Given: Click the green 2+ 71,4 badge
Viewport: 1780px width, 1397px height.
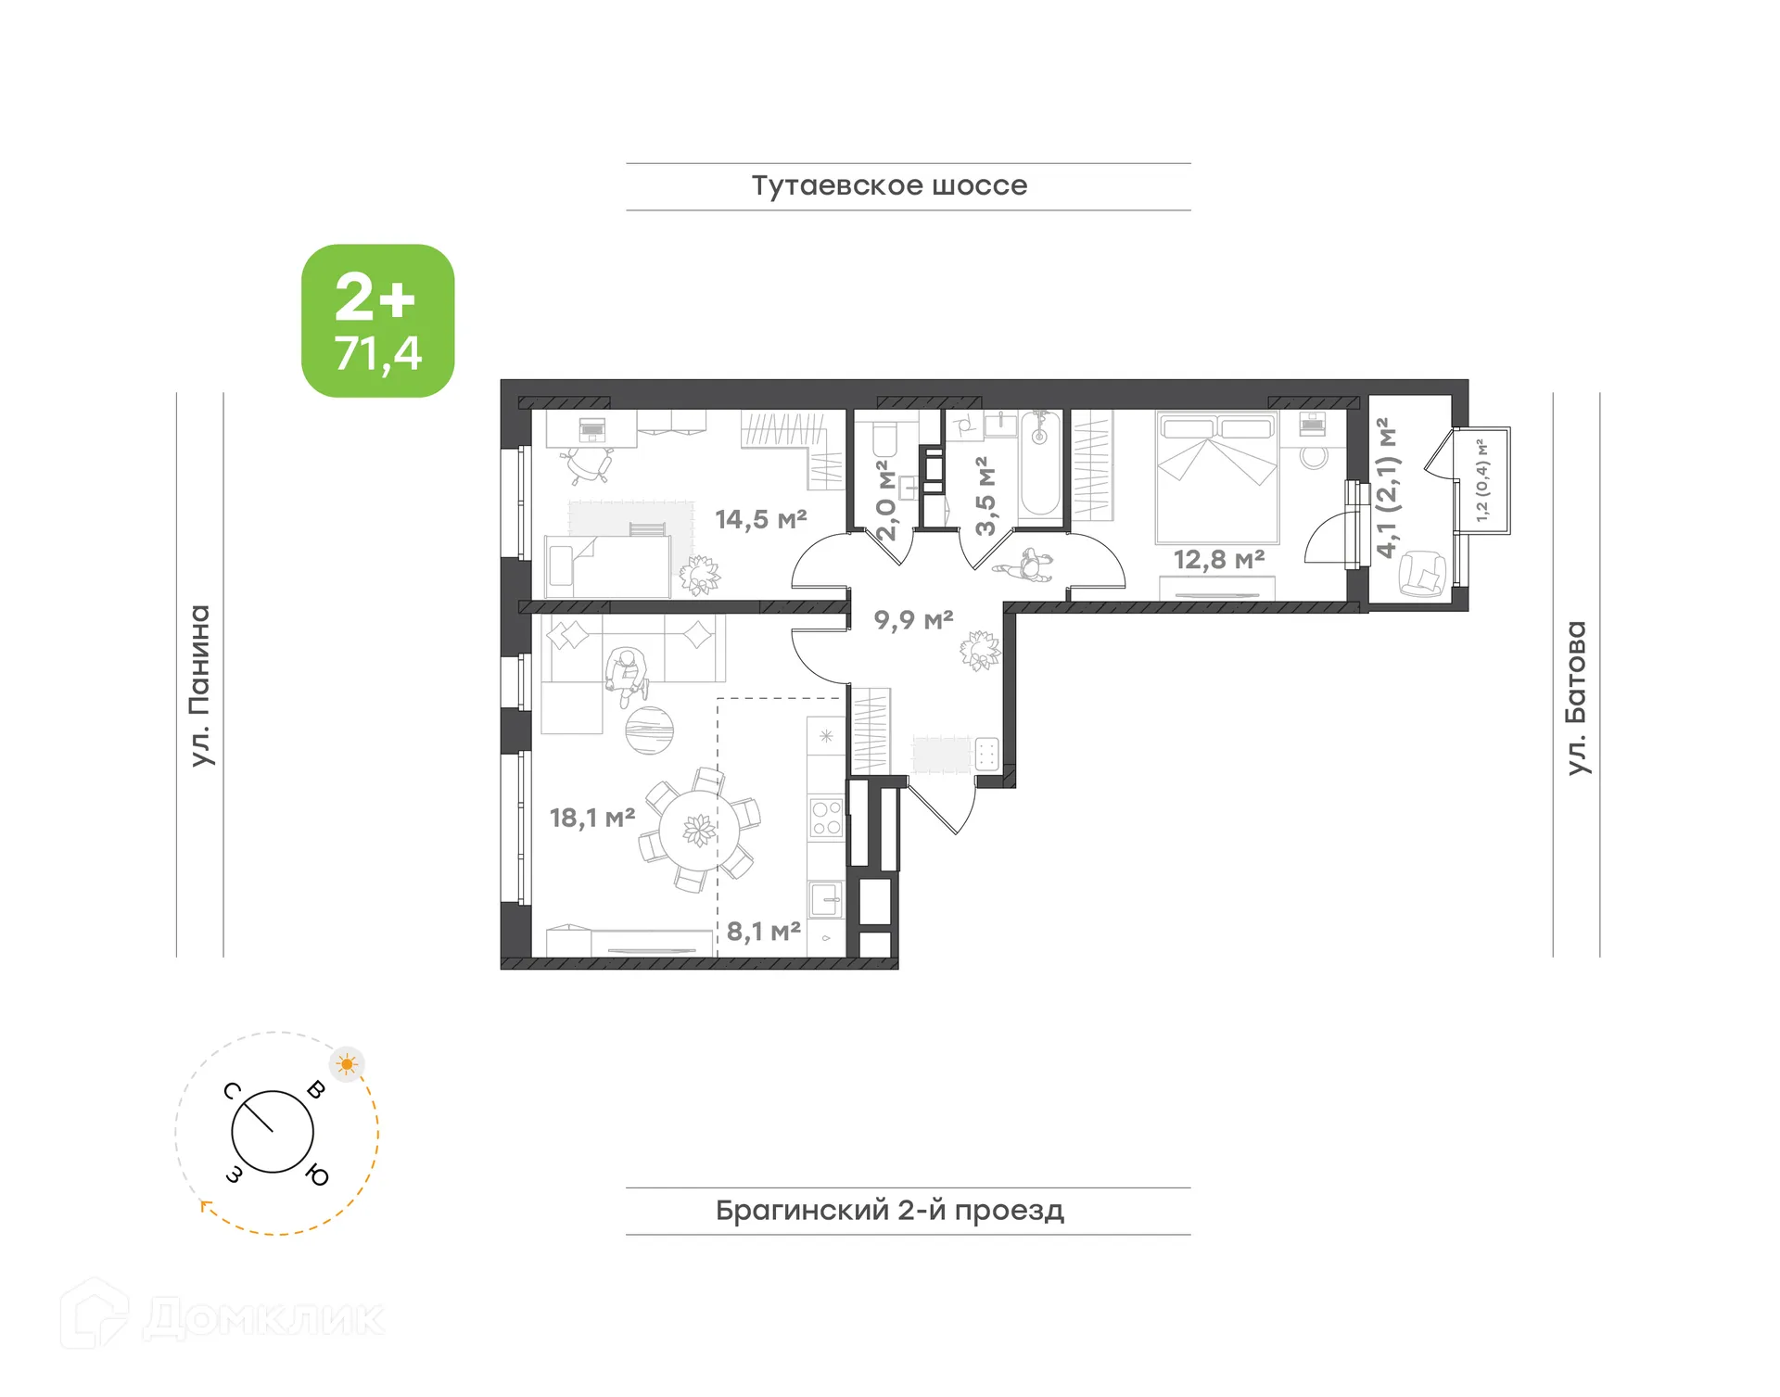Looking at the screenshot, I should (x=377, y=321).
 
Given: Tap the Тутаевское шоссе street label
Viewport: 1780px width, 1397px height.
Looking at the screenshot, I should (x=888, y=185).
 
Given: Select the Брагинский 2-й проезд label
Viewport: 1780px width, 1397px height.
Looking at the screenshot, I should (x=888, y=1210).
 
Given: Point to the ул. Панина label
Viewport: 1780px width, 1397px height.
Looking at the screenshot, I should (x=200, y=685).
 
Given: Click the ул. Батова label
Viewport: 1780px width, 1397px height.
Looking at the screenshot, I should (x=1575, y=697).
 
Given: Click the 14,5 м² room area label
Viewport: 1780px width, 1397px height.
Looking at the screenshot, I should (x=760, y=519).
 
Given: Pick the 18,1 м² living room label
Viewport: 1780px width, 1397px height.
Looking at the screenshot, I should (x=591, y=818).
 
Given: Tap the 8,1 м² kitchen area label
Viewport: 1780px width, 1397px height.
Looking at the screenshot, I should (x=763, y=931).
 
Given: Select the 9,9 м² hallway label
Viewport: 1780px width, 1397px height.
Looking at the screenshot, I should (x=913, y=619).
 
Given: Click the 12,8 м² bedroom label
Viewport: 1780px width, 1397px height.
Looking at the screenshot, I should (x=1218, y=559).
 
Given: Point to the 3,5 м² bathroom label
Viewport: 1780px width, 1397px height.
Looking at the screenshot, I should (x=985, y=496).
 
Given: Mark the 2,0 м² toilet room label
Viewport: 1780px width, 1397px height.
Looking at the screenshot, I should (x=886, y=501).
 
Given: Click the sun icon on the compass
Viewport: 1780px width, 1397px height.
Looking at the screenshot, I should (x=347, y=1064).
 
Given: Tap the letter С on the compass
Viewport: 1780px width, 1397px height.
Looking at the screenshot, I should (x=233, y=1091).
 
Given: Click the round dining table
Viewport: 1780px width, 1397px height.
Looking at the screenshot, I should (x=699, y=830).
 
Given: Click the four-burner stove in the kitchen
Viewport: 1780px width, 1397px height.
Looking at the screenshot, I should (x=826, y=818).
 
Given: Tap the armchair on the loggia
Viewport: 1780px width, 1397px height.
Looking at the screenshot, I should (x=1420, y=573).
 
